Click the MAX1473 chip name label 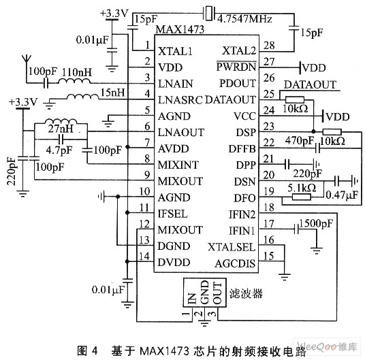[x=180, y=29]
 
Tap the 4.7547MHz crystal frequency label [x=244, y=18]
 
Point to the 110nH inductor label [x=77, y=72]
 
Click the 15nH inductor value [x=112, y=93]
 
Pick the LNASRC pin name [x=180, y=100]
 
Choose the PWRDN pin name [x=236, y=67]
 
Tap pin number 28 [x=269, y=46]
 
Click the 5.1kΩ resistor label [x=302, y=188]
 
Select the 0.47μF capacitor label [x=342, y=195]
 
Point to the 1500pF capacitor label [x=316, y=223]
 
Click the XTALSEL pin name [x=232, y=247]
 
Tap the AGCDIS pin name [x=235, y=263]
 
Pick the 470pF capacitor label [x=300, y=140]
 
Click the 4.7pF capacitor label [x=59, y=150]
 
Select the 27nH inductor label [x=61, y=129]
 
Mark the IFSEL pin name [x=172, y=214]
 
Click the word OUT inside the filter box [x=217, y=293]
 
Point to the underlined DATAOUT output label [x=310, y=84]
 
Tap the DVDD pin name [x=174, y=262]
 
